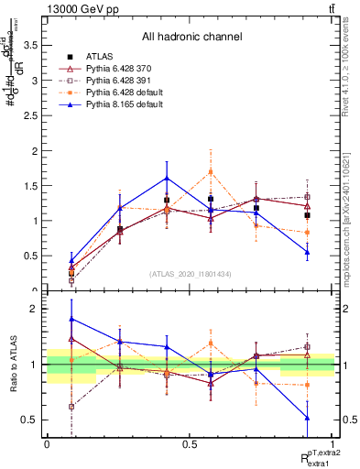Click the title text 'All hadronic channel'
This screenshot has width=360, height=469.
(191, 37)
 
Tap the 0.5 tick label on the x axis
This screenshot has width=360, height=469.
(190, 442)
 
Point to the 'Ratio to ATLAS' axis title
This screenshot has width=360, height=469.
(15, 365)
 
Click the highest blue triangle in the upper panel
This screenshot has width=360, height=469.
(167, 178)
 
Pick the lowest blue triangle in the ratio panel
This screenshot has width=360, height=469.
(307, 418)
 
